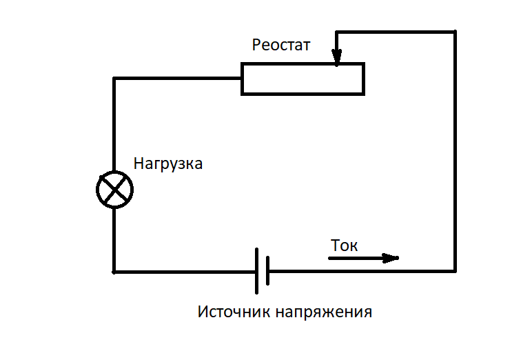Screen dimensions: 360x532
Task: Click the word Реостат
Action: coord(281,46)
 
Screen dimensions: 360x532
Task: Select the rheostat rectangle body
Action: coord(303,79)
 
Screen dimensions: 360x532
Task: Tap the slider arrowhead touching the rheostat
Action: coord(336,61)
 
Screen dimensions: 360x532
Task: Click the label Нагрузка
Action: coord(168,165)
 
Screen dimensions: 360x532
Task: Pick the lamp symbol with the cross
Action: coord(114,188)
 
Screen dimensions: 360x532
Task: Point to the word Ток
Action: coord(345,246)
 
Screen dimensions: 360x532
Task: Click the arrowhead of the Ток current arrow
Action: coord(392,258)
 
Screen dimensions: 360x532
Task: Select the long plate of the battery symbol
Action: coord(256,270)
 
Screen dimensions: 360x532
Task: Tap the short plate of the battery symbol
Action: coord(266,271)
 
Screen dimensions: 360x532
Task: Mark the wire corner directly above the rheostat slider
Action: coord(336,32)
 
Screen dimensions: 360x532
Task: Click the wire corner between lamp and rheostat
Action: coord(114,78)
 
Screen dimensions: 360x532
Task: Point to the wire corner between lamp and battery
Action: coord(114,271)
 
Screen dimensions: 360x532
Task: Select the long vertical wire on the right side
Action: coord(455,152)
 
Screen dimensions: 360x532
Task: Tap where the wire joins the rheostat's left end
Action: coord(242,78)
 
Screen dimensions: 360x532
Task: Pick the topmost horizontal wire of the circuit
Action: coord(396,32)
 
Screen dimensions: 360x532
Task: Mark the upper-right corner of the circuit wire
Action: coord(455,32)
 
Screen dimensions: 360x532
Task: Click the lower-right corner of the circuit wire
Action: coord(455,270)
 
